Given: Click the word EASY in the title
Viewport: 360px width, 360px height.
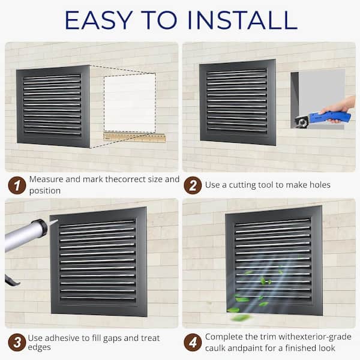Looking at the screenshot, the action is pos(99,20).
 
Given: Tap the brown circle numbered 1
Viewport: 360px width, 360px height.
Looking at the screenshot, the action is pos(17,185).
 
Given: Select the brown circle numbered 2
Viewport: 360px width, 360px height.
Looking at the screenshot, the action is pos(193,185).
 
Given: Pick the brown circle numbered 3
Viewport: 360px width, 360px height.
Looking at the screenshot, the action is pos(17,343).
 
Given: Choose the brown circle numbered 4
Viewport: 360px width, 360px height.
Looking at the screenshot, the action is pos(193,343).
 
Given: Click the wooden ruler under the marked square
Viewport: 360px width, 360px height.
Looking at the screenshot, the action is pos(134,137).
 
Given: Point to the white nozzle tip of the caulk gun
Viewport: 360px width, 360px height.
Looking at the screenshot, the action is pos(53,222).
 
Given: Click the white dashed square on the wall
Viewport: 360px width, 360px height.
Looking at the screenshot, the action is pos(130,104).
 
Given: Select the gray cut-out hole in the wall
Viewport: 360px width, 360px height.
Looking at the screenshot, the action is pos(318,99).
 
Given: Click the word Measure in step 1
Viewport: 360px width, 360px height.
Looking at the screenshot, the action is pos(46,179).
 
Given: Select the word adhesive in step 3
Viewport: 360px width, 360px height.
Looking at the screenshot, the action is pos(62,338).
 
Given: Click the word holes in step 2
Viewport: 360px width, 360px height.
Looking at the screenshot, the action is pos(320,185).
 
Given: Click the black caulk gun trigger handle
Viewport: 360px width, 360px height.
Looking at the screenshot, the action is pos(11,280).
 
